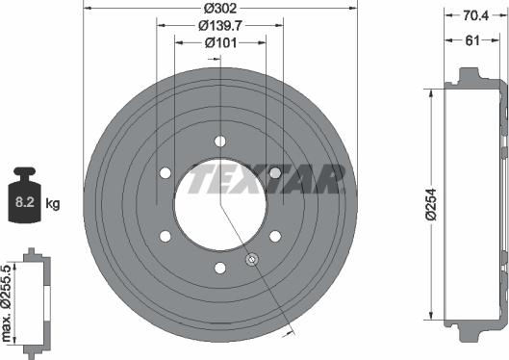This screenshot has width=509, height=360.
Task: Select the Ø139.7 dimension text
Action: pos(220,26)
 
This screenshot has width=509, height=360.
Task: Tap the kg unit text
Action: pos(54,203)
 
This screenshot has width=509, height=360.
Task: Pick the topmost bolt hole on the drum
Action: pos(220,141)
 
